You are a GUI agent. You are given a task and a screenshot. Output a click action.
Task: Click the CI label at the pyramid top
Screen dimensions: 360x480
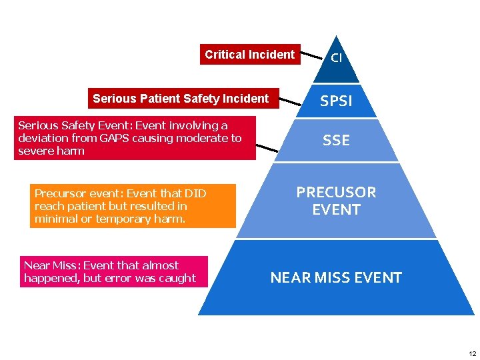pyautogui.click(x=337, y=57)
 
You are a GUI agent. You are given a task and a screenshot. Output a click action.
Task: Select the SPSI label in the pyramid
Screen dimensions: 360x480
pyautogui.click(x=336, y=101)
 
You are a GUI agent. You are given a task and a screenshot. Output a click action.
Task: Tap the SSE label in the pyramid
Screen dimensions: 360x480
pyautogui.click(x=336, y=140)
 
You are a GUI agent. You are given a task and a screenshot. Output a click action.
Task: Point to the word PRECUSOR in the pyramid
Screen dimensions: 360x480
pyautogui.click(x=336, y=193)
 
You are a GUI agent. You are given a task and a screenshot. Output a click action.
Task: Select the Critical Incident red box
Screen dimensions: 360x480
pyautogui.click(x=249, y=55)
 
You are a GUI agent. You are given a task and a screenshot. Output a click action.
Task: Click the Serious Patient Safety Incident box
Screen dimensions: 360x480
pyautogui.click(x=181, y=99)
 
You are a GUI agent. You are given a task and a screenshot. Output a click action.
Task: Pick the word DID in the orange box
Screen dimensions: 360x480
pyautogui.click(x=195, y=193)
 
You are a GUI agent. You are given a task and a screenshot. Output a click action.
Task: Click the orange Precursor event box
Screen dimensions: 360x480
pyautogui.click(x=133, y=206)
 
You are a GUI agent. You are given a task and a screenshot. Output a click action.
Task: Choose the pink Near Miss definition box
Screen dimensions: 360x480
pyautogui.click(x=113, y=272)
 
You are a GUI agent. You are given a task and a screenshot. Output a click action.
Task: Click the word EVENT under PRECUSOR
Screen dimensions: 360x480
pyautogui.click(x=336, y=210)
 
